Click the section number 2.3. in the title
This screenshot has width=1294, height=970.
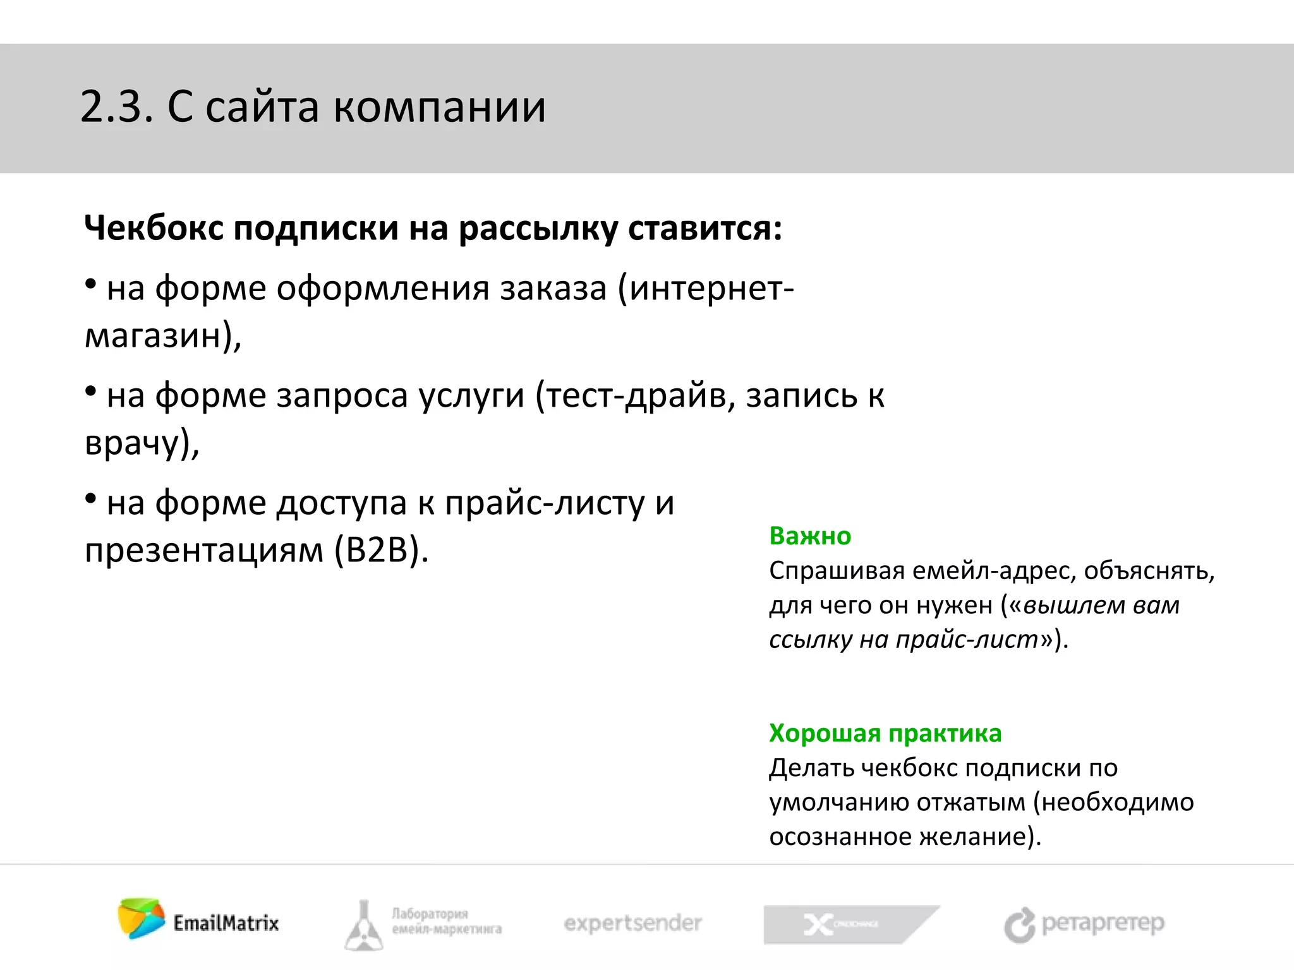117,107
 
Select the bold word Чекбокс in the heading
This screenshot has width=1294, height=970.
154,228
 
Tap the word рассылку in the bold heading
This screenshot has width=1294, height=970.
538,229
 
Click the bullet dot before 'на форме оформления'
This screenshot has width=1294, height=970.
91,285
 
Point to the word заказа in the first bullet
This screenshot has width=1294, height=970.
553,289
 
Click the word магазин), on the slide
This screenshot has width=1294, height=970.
163,336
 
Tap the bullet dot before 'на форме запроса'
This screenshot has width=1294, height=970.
91,392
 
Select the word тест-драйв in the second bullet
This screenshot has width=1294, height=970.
639,397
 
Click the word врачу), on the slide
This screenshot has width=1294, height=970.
142,442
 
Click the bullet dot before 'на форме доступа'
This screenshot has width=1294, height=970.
91,500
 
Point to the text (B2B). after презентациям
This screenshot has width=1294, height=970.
381,551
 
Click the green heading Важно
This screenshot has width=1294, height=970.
810,536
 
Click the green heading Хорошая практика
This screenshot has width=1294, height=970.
885,733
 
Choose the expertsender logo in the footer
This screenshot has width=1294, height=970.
632,923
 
